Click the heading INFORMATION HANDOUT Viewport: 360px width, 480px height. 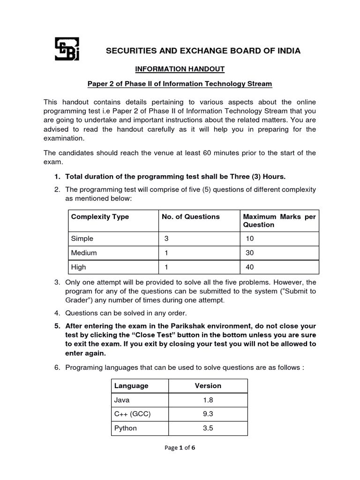click(x=180, y=69)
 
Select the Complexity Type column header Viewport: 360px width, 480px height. click(x=100, y=217)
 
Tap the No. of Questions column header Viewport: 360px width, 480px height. click(x=190, y=217)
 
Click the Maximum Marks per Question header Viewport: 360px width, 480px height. click(x=279, y=220)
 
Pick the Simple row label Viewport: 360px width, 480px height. click(x=82, y=239)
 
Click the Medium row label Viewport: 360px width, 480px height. click(x=84, y=253)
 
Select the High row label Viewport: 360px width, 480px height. click(x=79, y=267)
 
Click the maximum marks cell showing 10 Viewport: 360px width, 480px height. click(x=250, y=239)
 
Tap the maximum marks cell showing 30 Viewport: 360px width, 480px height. click(x=251, y=253)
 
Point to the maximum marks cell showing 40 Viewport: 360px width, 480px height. click(x=251, y=267)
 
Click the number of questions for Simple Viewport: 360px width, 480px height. click(x=166, y=239)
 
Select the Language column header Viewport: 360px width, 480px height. click(x=131, y=386)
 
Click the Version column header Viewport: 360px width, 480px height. click(x=208, y=386)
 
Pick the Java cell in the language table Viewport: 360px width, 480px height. click(x=122, y=400)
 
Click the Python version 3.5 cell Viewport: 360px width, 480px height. click(x=208, y=428)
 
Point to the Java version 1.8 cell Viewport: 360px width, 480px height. click(x=208, y=400)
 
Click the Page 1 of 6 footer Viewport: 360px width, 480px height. click(x=180, y=448)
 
